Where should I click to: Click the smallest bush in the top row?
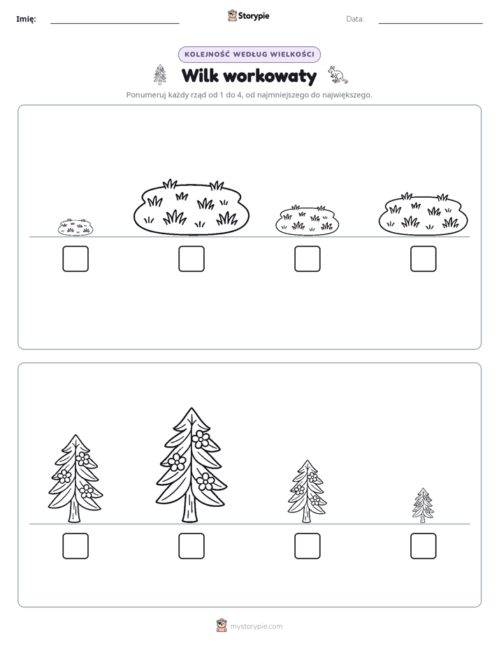click(x=75, y=227)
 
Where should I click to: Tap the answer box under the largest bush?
click(x=191, y=259)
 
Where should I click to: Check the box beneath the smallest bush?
click(x=75, y=259)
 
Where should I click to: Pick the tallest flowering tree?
click(x=191, y=465)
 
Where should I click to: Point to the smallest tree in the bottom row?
click(x=424, y=505)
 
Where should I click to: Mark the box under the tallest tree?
click(x=191, y=546)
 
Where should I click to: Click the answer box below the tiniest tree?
click(x=424, y=546)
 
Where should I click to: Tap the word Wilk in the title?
click(x=200, y=76)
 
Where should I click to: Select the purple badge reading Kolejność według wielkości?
click(x=249, y=55)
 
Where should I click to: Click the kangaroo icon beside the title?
click(x=338, y=75)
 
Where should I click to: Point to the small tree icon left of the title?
click(x=160, y=75)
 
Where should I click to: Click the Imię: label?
click(x=26, y=19)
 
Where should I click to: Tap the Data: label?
click(x=355, y=19)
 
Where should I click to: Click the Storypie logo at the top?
click(x=248, y=15)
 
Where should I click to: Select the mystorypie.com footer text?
click(x=256, y=626)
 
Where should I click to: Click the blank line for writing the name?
click(x=115, y=24)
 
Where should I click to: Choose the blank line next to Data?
click(x=431, y=24)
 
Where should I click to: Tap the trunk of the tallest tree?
click(x=189, y=507)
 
